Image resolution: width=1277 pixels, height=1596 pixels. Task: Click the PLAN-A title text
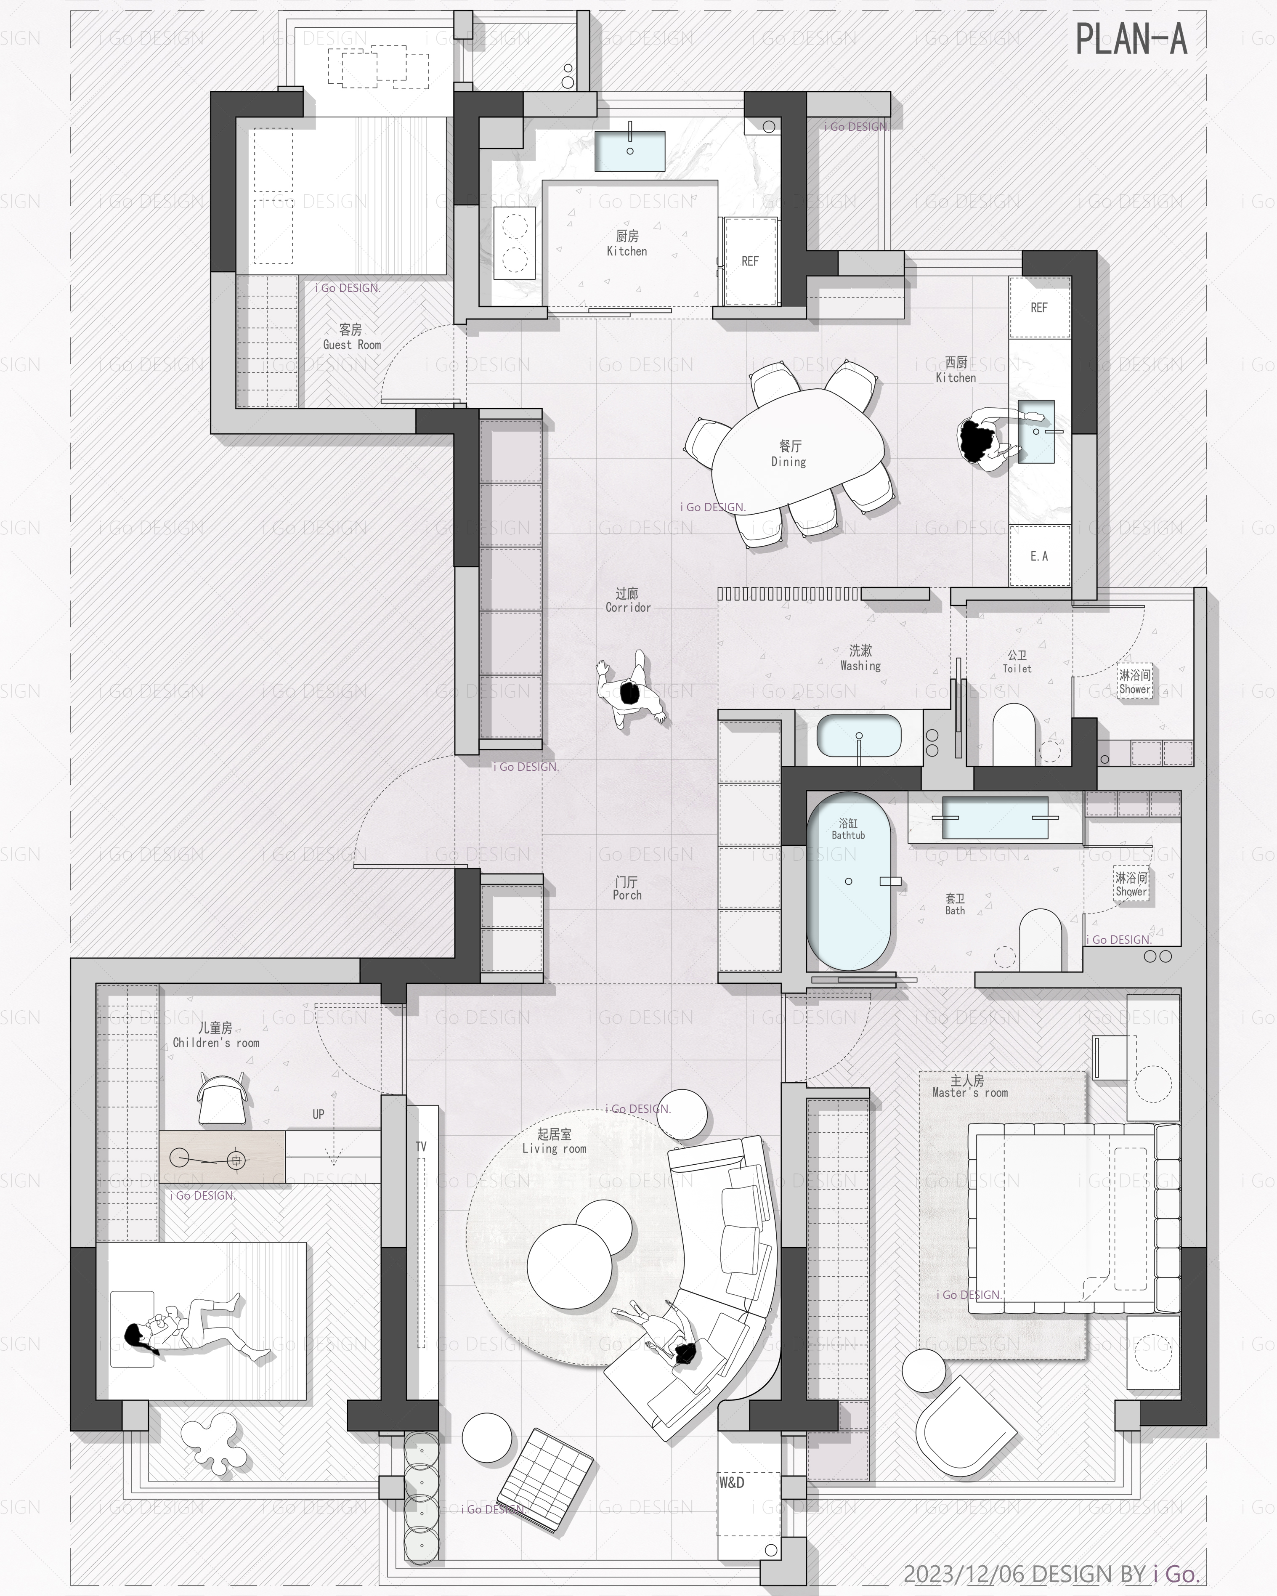[1131, 39]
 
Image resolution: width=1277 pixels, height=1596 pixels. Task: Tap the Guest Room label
[352, 345]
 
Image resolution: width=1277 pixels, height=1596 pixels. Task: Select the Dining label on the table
[789, 462]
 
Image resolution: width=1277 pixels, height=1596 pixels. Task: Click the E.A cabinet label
[1038, 556]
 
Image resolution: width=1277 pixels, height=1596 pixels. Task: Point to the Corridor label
[628, 608]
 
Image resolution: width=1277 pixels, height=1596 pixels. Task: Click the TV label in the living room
[420, 1147]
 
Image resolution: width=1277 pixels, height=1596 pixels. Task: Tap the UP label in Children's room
[319, 1114]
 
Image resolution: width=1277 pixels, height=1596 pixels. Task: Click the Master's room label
[970, 1093]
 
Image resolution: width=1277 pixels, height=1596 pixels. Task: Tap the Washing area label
[860, 666]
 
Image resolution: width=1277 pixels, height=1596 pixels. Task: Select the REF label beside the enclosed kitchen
[750, 261]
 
